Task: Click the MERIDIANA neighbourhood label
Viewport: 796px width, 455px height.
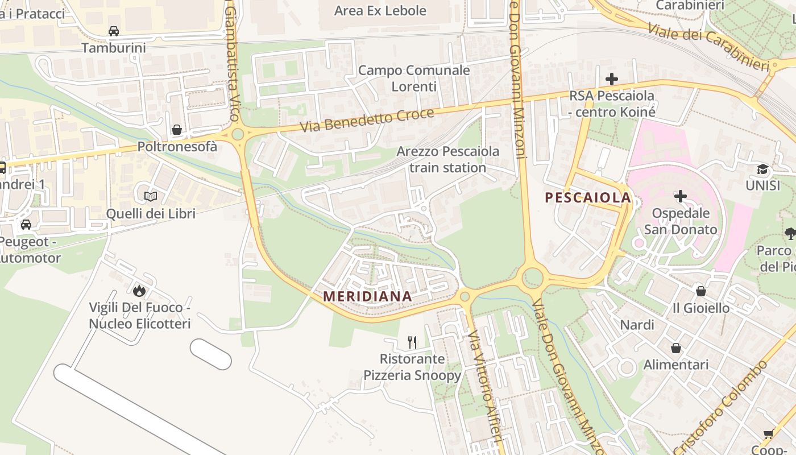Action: pyautogui.click(x=367, y=296)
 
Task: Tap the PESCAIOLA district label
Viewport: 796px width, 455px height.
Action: pyautogui.click(x=588, y=198)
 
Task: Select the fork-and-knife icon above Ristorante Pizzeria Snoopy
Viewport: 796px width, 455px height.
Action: pyautogui.click(x=412, y=342)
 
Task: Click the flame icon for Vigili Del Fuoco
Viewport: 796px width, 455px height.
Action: pyautogui.click(x=139, y=291)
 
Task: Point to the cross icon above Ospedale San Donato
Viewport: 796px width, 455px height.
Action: pyautogui.click(x=680, y=197)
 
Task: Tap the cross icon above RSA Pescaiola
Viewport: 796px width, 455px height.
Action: pyautogui.click(x=612, y=79)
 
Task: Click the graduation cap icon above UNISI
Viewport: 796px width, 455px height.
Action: pyautogui.click(x=762, y=169)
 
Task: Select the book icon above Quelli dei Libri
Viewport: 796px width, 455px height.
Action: pyautogui.click(x=151, y=197)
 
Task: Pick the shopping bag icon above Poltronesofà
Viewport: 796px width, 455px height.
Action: pyautogui.click(x=177, y=130)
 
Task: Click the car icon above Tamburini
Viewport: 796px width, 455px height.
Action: pyautogui.click(x=114, y=31)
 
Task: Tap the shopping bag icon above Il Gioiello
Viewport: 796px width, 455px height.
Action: pyautogui.click(x=700, y=291)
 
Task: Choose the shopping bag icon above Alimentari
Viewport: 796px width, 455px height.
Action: pyautogui.click(x=676, y=348)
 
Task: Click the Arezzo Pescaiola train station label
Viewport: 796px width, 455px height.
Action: pyautogui.click(x=447, y=160)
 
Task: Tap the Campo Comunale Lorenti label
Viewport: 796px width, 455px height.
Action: pyautogui.click(x=414, y=78)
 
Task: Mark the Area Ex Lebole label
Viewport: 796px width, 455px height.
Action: pyautogui.click(x=380, y=11)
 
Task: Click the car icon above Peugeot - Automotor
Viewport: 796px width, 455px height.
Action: pyautogui.click(x=26, y=225)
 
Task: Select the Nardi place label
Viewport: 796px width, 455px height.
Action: pyautogui.click(x=637, y=325)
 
